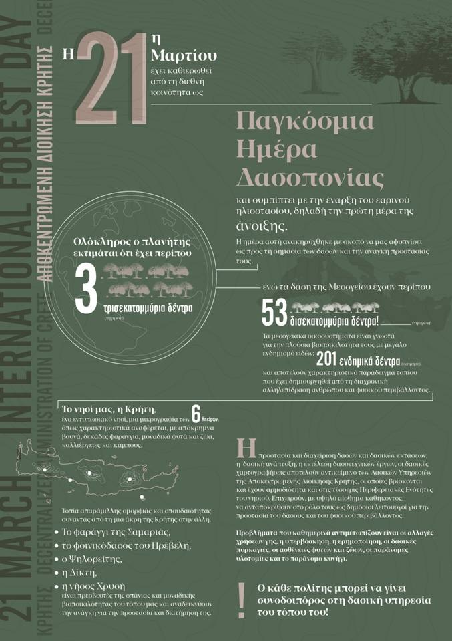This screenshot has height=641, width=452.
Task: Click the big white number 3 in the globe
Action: (x=86, y=289)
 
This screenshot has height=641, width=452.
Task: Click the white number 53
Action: (x=274, y=311)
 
